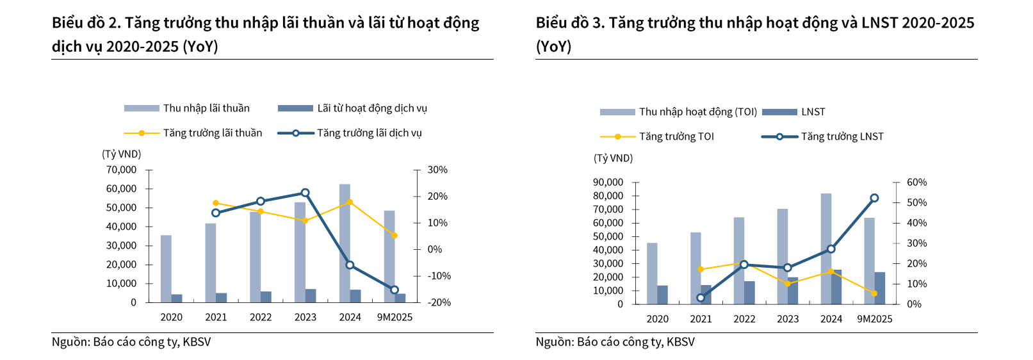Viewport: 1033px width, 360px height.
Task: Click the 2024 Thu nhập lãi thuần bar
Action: click(345, 243)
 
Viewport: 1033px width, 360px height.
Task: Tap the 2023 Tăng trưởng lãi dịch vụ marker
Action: click(305, 193)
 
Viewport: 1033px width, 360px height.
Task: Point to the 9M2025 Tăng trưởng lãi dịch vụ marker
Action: click(394, 290)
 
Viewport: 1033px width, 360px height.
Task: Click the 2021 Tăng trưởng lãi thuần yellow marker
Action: click(216, 203)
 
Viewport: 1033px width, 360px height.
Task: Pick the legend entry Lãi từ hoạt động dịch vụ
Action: click(371, 108)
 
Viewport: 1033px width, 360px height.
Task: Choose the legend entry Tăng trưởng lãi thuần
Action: click(212, 133)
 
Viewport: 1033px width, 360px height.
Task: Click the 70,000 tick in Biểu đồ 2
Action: click(122, 170)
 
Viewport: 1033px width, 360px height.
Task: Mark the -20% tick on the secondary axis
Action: click(439, 302)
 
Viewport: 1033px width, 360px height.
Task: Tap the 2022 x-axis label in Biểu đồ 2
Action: click(261, 317)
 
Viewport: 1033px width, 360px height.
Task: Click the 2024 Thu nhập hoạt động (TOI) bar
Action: click(826, 249)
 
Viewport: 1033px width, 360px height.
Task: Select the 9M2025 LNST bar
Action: click(880, 288)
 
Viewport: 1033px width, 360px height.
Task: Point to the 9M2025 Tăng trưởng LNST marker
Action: click(874, 199)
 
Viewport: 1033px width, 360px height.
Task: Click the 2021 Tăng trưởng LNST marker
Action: click(701, 298)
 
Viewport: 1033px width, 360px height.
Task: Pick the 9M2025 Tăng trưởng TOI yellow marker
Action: click(874, 293)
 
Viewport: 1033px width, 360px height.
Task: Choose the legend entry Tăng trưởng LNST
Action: click(842, 136)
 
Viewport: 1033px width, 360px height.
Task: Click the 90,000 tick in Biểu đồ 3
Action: click(608, 183)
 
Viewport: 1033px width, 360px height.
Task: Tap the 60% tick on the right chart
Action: click(916, 183)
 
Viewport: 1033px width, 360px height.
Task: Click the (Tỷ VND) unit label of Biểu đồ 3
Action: click(613, 158)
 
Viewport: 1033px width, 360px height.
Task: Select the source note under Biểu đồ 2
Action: click(131, 342)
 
